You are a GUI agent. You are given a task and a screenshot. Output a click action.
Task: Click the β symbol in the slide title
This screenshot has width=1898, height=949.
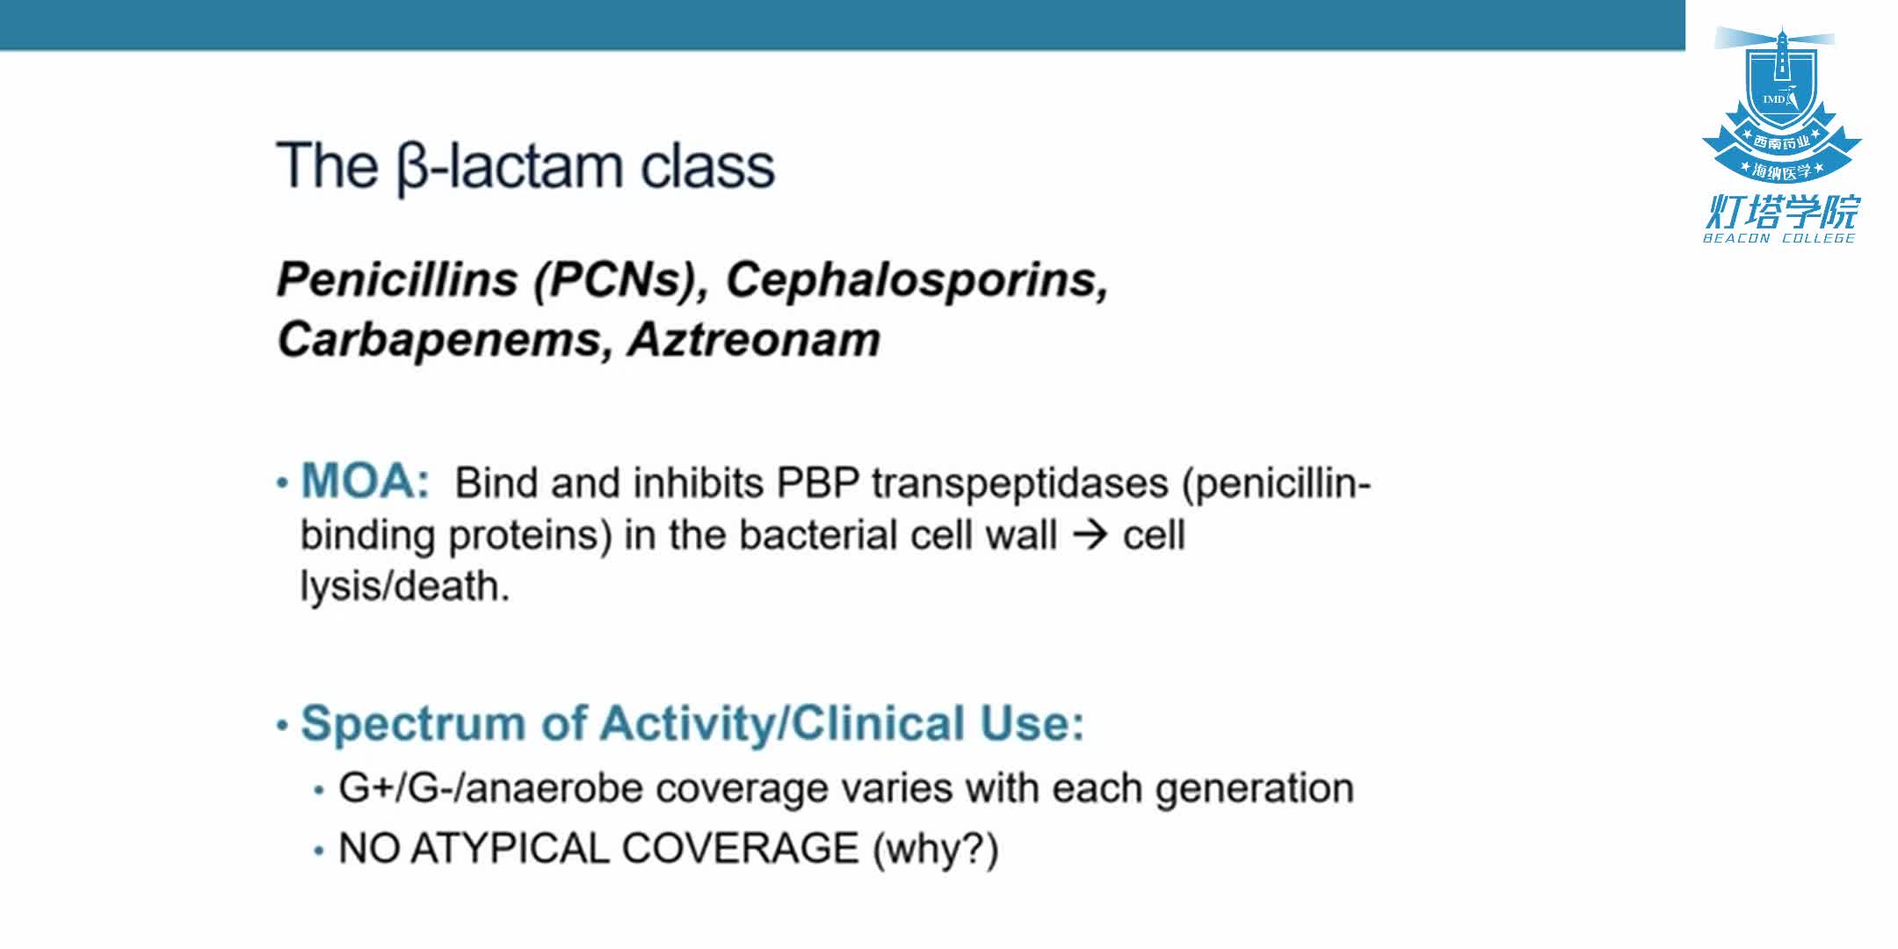tap(412, 169)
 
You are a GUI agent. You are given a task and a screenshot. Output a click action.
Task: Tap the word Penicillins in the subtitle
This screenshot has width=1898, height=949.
tap(397, 280)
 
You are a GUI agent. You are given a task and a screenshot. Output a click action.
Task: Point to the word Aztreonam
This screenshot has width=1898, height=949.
tap(754, 340)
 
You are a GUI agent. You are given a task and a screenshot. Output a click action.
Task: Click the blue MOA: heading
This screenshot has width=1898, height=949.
tap(366, 481)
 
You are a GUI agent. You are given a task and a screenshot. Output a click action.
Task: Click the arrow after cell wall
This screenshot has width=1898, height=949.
tap(1090, 535)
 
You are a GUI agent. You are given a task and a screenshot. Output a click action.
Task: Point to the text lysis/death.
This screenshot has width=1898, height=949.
tap(405, 587)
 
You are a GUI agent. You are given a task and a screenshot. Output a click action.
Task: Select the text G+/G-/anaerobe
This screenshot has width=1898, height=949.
tap(490, 788)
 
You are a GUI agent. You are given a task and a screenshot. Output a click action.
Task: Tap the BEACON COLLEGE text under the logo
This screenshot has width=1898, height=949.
tap(1779, 238)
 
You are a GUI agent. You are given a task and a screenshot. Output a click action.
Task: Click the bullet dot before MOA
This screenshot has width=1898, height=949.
tap(282, 483)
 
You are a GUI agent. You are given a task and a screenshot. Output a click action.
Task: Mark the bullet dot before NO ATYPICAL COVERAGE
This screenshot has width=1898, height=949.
tap(319, 851)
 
